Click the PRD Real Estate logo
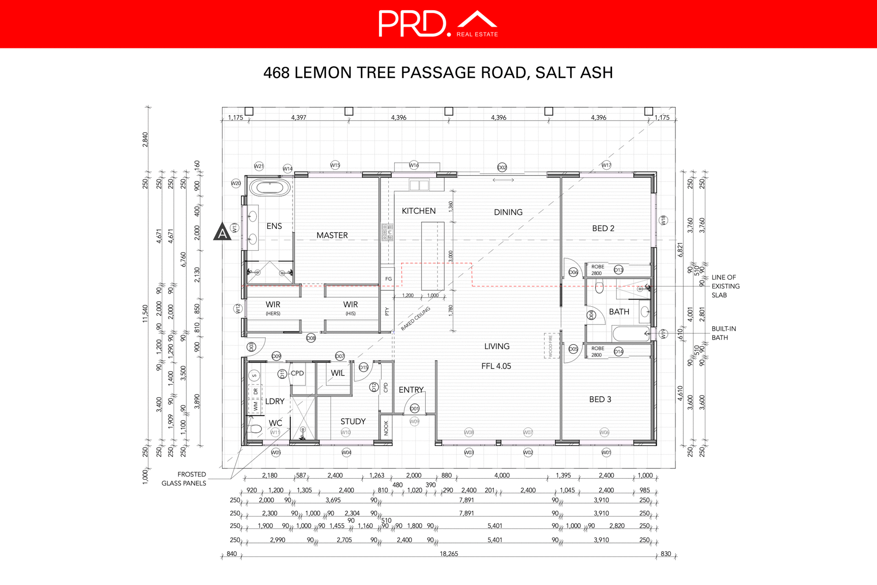(x=438, y=24)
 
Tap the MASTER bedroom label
(x=332, y=235)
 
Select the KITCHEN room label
(x=418, y=211)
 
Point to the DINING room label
(x=508, y=212)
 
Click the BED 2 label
(x=603, y=228)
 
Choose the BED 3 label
(x=600, y=399)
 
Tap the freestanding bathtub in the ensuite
(x=270, y=187)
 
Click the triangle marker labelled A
(x=222, y=232)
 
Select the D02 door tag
(x=502, y=167)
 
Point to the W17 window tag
(x=606, y=165)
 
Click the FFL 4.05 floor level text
(x=496, y=366)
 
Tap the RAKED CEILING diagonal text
(x=416, y=319)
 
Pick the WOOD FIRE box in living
(x=551, y=346)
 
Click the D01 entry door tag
(x=414, y=408)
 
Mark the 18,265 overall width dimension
(x=449, y=553)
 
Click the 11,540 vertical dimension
(x=145, y=314)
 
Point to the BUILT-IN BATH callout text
(x=724, y=333)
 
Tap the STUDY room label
(x=353, y=421)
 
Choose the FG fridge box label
(x=388, y=279)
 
